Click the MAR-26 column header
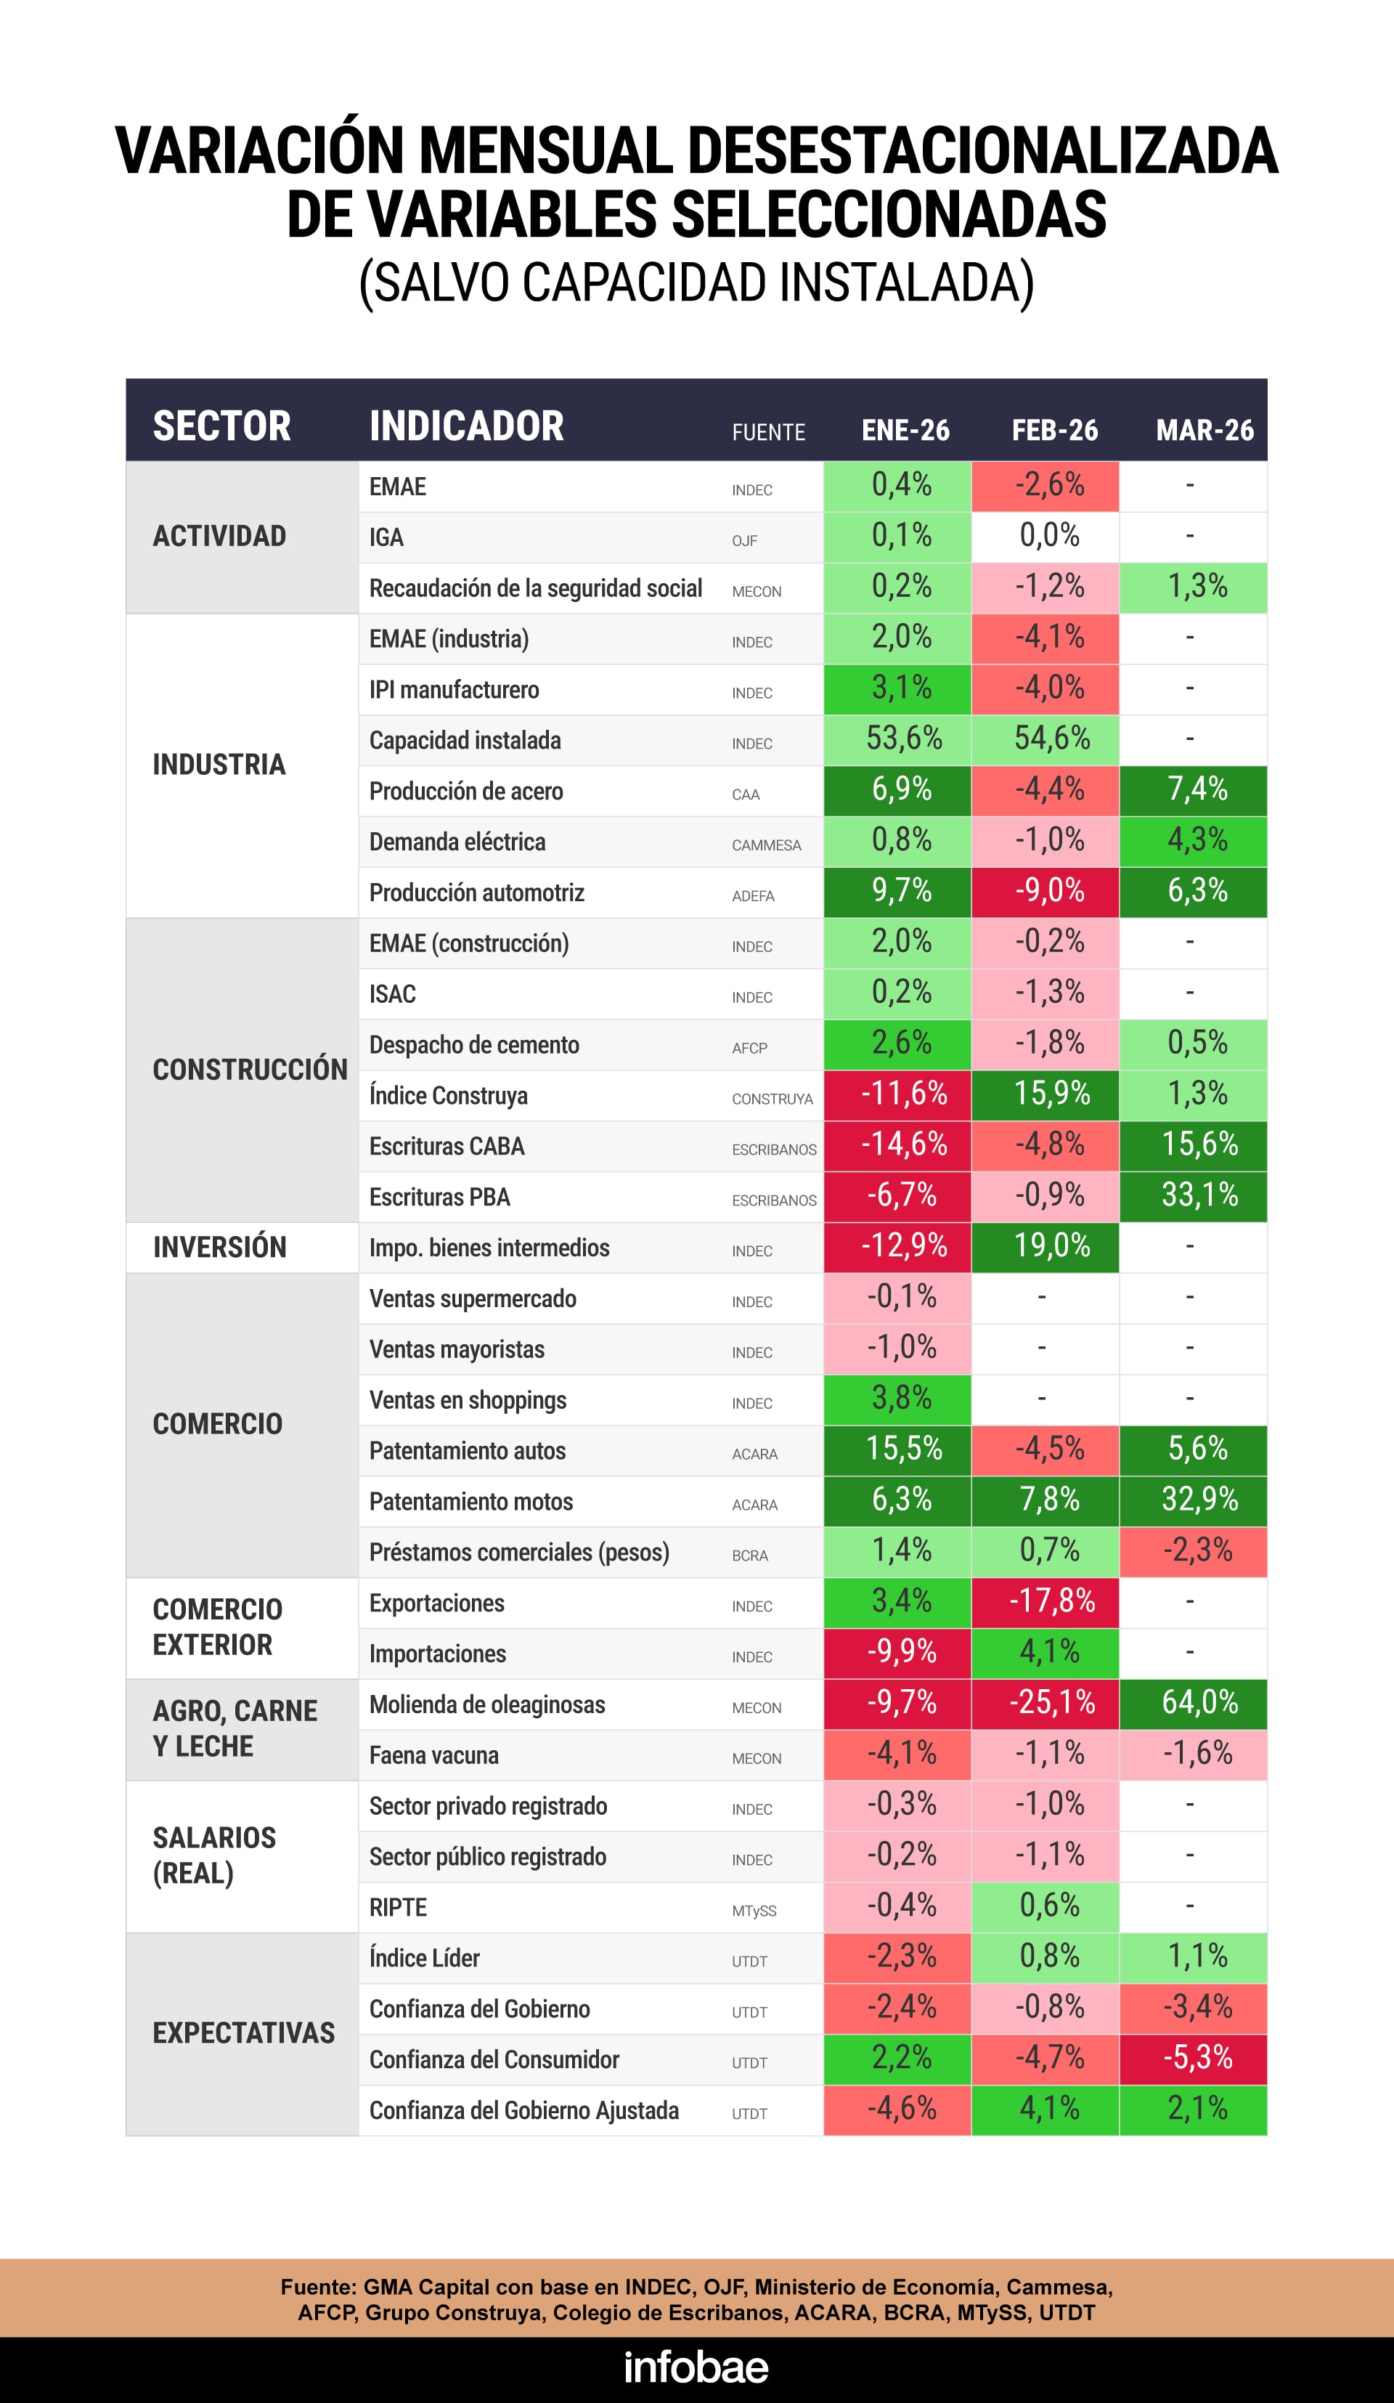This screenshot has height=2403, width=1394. tap(1205, 430)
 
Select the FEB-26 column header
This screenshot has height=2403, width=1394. tap(1054, 430)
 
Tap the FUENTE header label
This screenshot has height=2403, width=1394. tap(768, 432)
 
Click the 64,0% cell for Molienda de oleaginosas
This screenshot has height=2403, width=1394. tap(1199, 1702)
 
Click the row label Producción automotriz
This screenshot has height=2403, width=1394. tap(477, 893)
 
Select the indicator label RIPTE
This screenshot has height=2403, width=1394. tap(398, 1907)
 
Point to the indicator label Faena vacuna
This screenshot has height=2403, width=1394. tap(434, 1755)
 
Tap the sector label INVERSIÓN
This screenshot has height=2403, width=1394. tap(219, 1248)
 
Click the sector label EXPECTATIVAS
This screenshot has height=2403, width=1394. tap(243, 2033)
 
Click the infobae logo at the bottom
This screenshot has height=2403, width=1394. tap(696, 2367)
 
